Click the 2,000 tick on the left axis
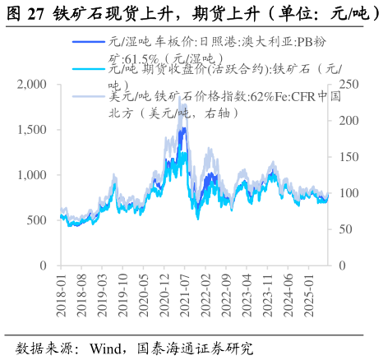pos(31,84)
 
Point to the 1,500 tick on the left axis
pos(31,130)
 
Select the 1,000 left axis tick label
pos(31,175)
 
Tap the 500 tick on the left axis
pos(37,220)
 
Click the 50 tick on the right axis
pos(343,229)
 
